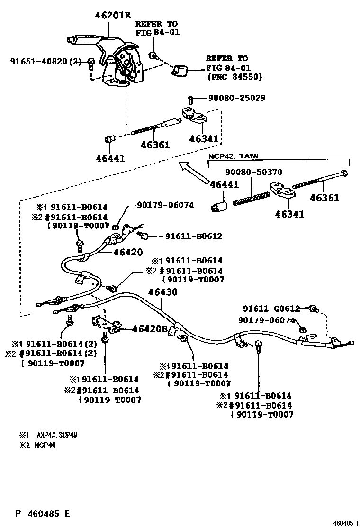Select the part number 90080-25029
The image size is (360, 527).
(236, 98)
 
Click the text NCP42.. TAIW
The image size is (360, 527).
(234, 156)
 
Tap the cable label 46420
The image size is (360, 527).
(127, 253)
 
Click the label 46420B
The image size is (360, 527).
(150, 329)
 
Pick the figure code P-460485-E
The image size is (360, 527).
(42, 513)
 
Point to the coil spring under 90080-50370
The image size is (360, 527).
(247, 195)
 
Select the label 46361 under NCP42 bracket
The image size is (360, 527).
(324, 198)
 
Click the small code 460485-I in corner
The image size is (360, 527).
(344, 523)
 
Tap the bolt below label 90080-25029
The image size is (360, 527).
(190, 100)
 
